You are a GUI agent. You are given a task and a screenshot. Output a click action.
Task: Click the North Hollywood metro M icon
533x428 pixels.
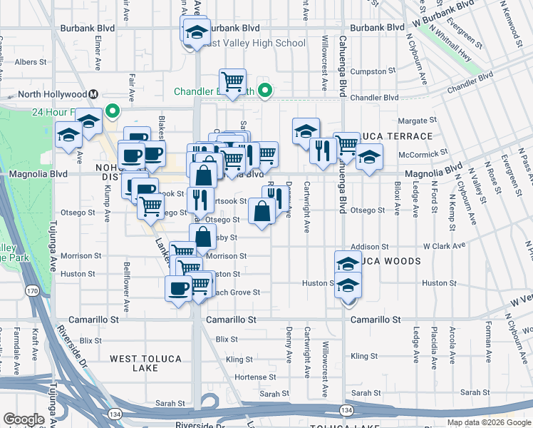pos(93,94)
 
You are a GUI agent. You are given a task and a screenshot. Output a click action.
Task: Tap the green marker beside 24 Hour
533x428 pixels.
pos(111,111)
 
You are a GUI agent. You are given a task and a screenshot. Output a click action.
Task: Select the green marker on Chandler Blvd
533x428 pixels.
pos(265,91)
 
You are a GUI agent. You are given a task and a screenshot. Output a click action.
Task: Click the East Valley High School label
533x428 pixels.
pos(254,44)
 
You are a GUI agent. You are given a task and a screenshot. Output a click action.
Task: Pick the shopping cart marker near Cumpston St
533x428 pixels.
pos(232,82)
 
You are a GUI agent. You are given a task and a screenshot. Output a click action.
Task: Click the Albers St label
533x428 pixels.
pos(31,63)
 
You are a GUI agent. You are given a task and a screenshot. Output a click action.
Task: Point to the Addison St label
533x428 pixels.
pos(370,246)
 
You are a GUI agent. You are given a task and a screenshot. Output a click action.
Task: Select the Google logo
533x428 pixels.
pos(24,419)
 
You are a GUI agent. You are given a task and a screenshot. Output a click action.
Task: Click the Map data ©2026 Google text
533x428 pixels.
pos(488,422)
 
